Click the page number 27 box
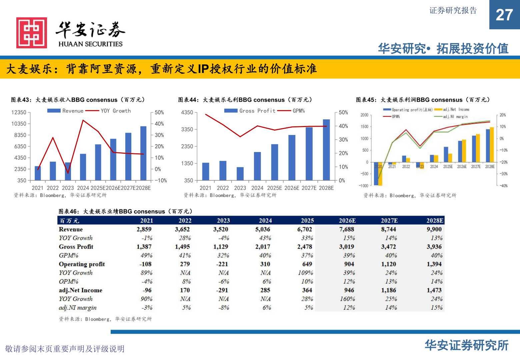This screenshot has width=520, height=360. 504,15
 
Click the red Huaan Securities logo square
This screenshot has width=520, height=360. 32,33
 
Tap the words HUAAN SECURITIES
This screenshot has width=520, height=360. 90,44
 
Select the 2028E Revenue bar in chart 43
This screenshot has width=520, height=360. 143,153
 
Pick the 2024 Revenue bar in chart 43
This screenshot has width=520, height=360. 83,167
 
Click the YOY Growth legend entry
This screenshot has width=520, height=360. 115,111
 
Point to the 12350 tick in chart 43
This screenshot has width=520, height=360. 19,112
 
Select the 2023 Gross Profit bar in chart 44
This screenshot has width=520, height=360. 240,173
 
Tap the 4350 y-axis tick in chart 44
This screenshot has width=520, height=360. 187,112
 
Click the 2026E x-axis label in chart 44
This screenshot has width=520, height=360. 292,188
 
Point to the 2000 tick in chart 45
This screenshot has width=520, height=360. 364,115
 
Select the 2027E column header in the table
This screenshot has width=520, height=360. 389,221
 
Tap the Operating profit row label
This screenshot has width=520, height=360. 82,264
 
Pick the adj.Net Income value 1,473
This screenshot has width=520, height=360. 434,290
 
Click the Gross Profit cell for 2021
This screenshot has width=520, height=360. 144,247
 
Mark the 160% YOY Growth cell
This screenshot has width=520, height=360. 347,299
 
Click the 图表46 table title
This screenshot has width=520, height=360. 125,211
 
